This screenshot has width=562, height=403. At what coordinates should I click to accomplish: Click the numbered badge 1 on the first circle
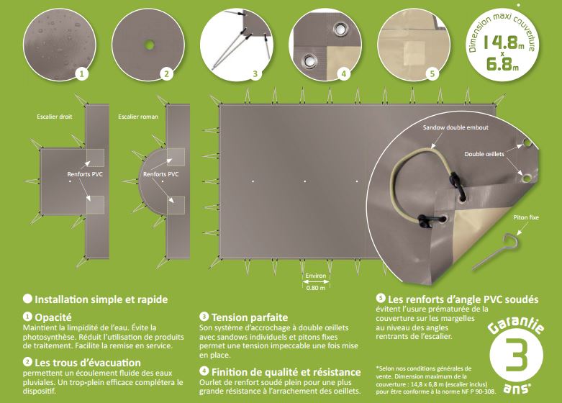pos(82,74)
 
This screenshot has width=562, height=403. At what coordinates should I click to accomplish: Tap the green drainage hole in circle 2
pos(150,45)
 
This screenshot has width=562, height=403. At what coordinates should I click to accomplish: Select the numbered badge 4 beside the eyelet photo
pos(344,74)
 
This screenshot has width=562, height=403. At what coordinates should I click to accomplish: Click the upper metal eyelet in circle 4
pos(339,28)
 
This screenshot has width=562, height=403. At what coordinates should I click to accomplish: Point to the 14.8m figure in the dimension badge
pos(505,42)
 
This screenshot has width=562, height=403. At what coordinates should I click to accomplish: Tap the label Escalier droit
pos(55,117)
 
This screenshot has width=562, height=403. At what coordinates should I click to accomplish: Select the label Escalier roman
pos(138,117)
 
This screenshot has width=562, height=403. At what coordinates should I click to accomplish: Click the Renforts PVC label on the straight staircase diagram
pos(85,174)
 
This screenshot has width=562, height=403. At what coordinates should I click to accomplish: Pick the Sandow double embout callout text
pos(456,127)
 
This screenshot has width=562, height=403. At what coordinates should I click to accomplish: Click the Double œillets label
pos(484,154)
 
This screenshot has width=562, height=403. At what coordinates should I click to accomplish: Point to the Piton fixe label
pos(526,217)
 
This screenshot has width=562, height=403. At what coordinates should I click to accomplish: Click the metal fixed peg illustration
pos(494,253)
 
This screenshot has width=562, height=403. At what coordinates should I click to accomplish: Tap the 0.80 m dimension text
pos(316,288)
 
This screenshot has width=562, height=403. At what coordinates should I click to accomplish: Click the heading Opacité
pos(53,317)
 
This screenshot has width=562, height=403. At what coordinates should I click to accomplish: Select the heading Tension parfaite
pos(250,317)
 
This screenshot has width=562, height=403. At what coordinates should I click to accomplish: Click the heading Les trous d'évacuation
pos(88,363)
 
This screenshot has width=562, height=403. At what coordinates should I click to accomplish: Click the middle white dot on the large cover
pos(304,181)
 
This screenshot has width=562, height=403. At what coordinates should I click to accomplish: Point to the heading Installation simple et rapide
pos(101,299)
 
